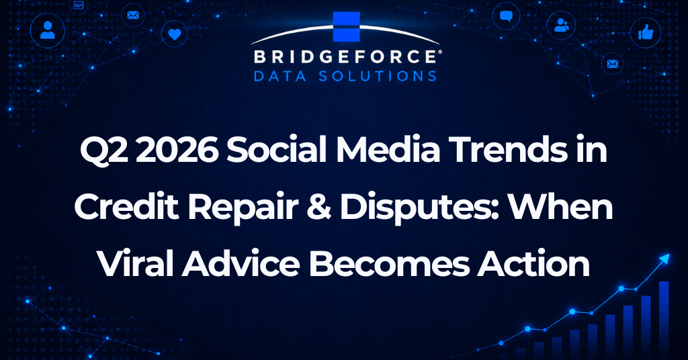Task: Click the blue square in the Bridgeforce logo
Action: pyautogui.click(x=346, y=27)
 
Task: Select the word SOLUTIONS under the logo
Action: pyautogui.click(x=378, y=76)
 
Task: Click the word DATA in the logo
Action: pyautogui.click(x=280, y=76)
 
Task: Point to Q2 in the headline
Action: pyautogui.click(x=105, y=150)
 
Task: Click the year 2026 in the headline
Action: pyautogui.click(x=180, y=150)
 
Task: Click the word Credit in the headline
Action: pyautogui.click(x=126, y=207)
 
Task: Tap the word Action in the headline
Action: pyautogui.click(x=533, y=264)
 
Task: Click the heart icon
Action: pyautogui.click(x=175, y=34)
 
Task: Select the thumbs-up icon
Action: pyautogui.click(x=646, y=32)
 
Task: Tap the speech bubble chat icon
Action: pyautogui.click(x=506, y=17)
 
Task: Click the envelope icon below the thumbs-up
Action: pyautogui.click(x=613, y=64)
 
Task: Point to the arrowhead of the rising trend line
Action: pyautogui.click(x=666, y=258)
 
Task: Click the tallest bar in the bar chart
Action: pyautogui.click(x=664, y=320)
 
